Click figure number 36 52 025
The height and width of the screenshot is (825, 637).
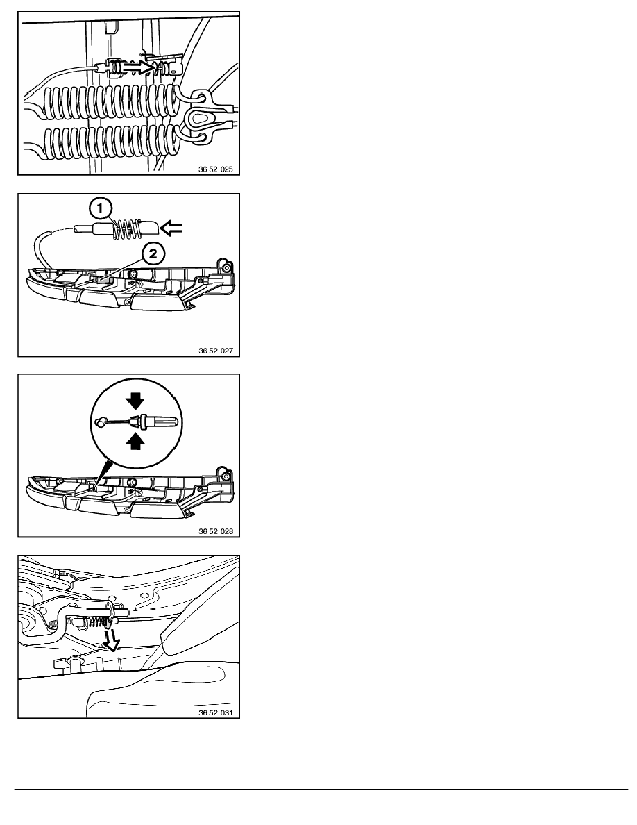point(216,170)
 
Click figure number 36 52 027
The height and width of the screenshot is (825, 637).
point(216,351)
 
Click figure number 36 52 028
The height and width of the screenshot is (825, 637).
point(216,531)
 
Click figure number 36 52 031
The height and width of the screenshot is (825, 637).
point(216,713)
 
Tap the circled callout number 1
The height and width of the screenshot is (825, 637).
point(100,208)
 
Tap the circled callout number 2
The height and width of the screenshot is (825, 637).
point(153,254)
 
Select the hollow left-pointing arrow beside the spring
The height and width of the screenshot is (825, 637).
point(171,228)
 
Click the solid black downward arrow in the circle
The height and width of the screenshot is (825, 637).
point(136,401)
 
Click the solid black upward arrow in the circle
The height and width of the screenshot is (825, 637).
point(136,442)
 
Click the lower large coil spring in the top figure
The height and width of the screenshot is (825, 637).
point(110,143)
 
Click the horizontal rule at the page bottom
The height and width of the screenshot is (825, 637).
point(321,789)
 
